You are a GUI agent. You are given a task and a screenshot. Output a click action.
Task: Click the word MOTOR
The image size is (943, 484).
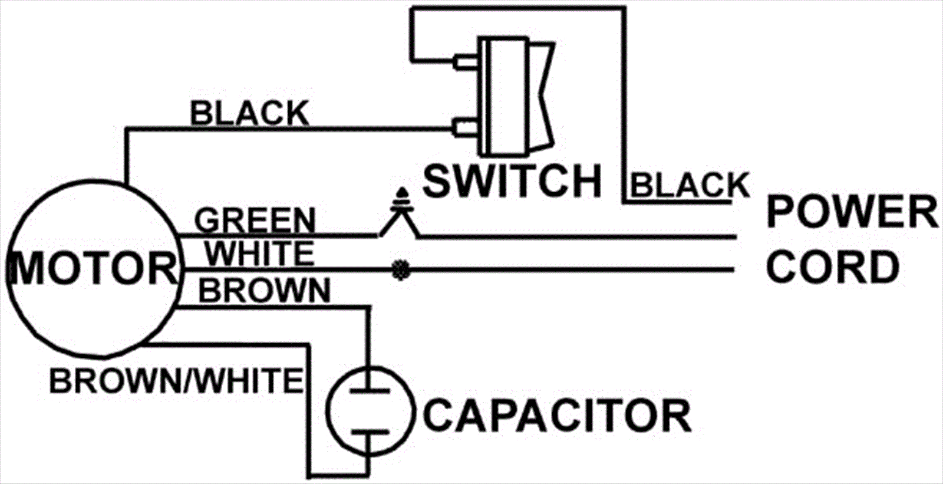(93, 269)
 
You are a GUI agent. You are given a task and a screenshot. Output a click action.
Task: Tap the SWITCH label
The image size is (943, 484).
(512, 181)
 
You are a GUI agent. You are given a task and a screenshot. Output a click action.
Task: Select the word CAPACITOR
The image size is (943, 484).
(556, 416)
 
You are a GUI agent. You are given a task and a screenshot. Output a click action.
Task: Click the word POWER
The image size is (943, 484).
(852, 212)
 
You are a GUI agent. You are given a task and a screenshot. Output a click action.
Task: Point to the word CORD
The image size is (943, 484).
(832, 266)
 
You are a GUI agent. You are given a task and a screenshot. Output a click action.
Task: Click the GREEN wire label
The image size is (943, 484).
(255, 221)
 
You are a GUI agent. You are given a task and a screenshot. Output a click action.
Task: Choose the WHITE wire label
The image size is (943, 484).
(259, 254)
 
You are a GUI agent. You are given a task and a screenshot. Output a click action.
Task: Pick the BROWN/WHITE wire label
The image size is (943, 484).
(176, 381)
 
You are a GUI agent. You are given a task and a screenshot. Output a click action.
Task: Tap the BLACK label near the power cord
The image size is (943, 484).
(690, 186)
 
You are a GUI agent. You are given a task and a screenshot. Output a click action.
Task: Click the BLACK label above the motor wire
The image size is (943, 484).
(249, 113)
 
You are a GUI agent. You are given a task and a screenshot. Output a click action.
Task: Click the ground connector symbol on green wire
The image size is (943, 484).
(401, 203)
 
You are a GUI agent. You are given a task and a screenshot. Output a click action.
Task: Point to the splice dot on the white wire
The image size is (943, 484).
(401, 270)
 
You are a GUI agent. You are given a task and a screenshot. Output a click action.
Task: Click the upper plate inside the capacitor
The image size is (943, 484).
(369, 390)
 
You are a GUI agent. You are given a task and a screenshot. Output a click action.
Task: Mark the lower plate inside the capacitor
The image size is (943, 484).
(369, 432)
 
